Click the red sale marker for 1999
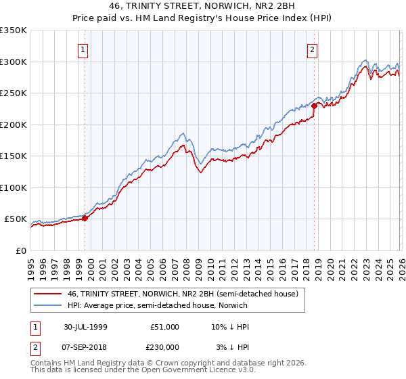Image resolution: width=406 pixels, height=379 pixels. click(85, 218)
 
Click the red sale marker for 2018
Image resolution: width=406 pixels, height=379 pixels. click(315, 106)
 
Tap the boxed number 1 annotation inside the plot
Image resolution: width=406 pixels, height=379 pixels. click(83, 49)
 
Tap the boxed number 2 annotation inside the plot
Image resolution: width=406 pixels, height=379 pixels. click(312, 49)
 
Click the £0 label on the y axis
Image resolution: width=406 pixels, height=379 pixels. click(21, 250)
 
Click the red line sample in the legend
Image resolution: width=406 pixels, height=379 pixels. click(47, 294)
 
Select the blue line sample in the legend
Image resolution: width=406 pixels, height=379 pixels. click(47, 305)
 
